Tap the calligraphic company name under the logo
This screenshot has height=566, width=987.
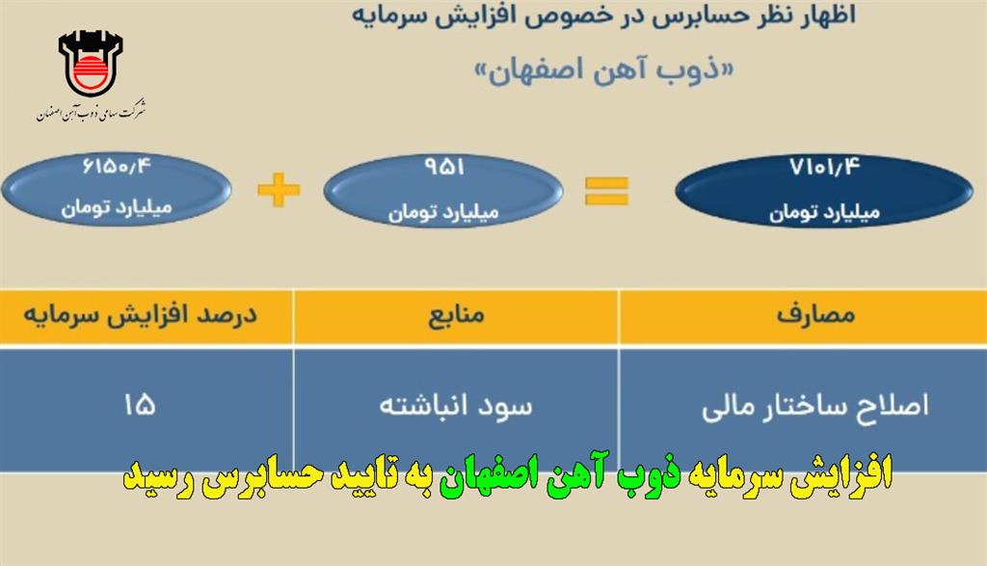pos(92,110)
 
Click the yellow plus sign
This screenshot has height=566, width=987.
pos(279,189)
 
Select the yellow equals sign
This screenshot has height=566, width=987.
pos(606,191)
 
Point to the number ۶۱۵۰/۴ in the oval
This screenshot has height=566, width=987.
pos(117,167)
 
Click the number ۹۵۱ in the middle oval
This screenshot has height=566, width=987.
pos(444,167)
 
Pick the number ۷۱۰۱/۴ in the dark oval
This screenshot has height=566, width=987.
pos(825,167)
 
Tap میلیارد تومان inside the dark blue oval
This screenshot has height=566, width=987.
pos(824,212)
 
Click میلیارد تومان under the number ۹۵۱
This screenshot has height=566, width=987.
pos(443,212)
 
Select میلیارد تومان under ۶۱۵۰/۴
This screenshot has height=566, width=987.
pos(117,207)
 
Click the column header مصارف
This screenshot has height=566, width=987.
pos(815,314)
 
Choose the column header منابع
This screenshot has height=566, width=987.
pos(456,314)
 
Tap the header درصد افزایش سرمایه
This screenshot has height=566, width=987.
pos(141,314)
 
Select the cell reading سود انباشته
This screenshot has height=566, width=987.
pos(456,405)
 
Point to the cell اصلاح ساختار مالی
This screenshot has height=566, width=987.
pos(815,405)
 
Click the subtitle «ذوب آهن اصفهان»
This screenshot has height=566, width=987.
pos(603,70)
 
